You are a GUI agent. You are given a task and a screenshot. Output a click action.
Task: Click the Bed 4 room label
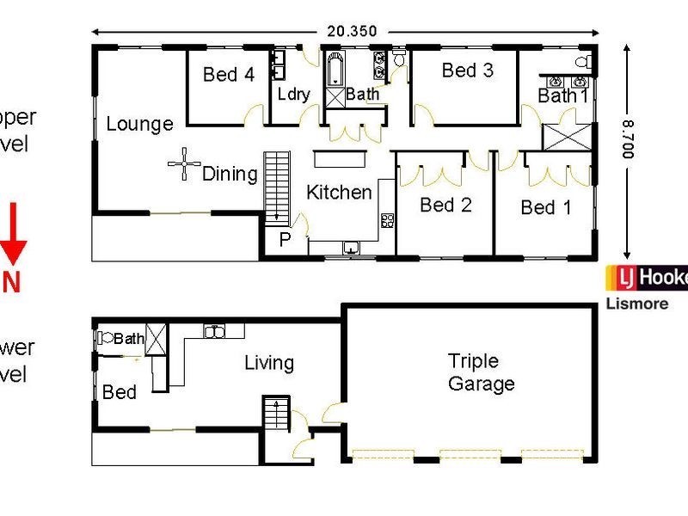click(228, 75)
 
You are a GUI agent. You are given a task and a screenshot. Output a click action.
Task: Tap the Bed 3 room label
click(467, 71)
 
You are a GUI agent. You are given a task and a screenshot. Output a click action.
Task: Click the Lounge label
click(139, 125)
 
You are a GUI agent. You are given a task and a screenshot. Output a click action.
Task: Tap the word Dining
click(230, 174)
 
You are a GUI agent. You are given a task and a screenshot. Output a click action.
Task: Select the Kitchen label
click(339, 192)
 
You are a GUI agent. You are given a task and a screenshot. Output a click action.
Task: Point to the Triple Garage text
click(481, 372)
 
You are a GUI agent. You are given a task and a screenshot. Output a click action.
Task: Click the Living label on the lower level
click(268, 364)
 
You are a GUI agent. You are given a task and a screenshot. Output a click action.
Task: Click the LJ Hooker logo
click(646, 279)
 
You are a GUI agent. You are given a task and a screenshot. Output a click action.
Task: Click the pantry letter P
click(284, 240)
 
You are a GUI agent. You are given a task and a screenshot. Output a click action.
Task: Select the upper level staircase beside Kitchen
click(277, 186)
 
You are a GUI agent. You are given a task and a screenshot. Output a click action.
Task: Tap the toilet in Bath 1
click(582, 62)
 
